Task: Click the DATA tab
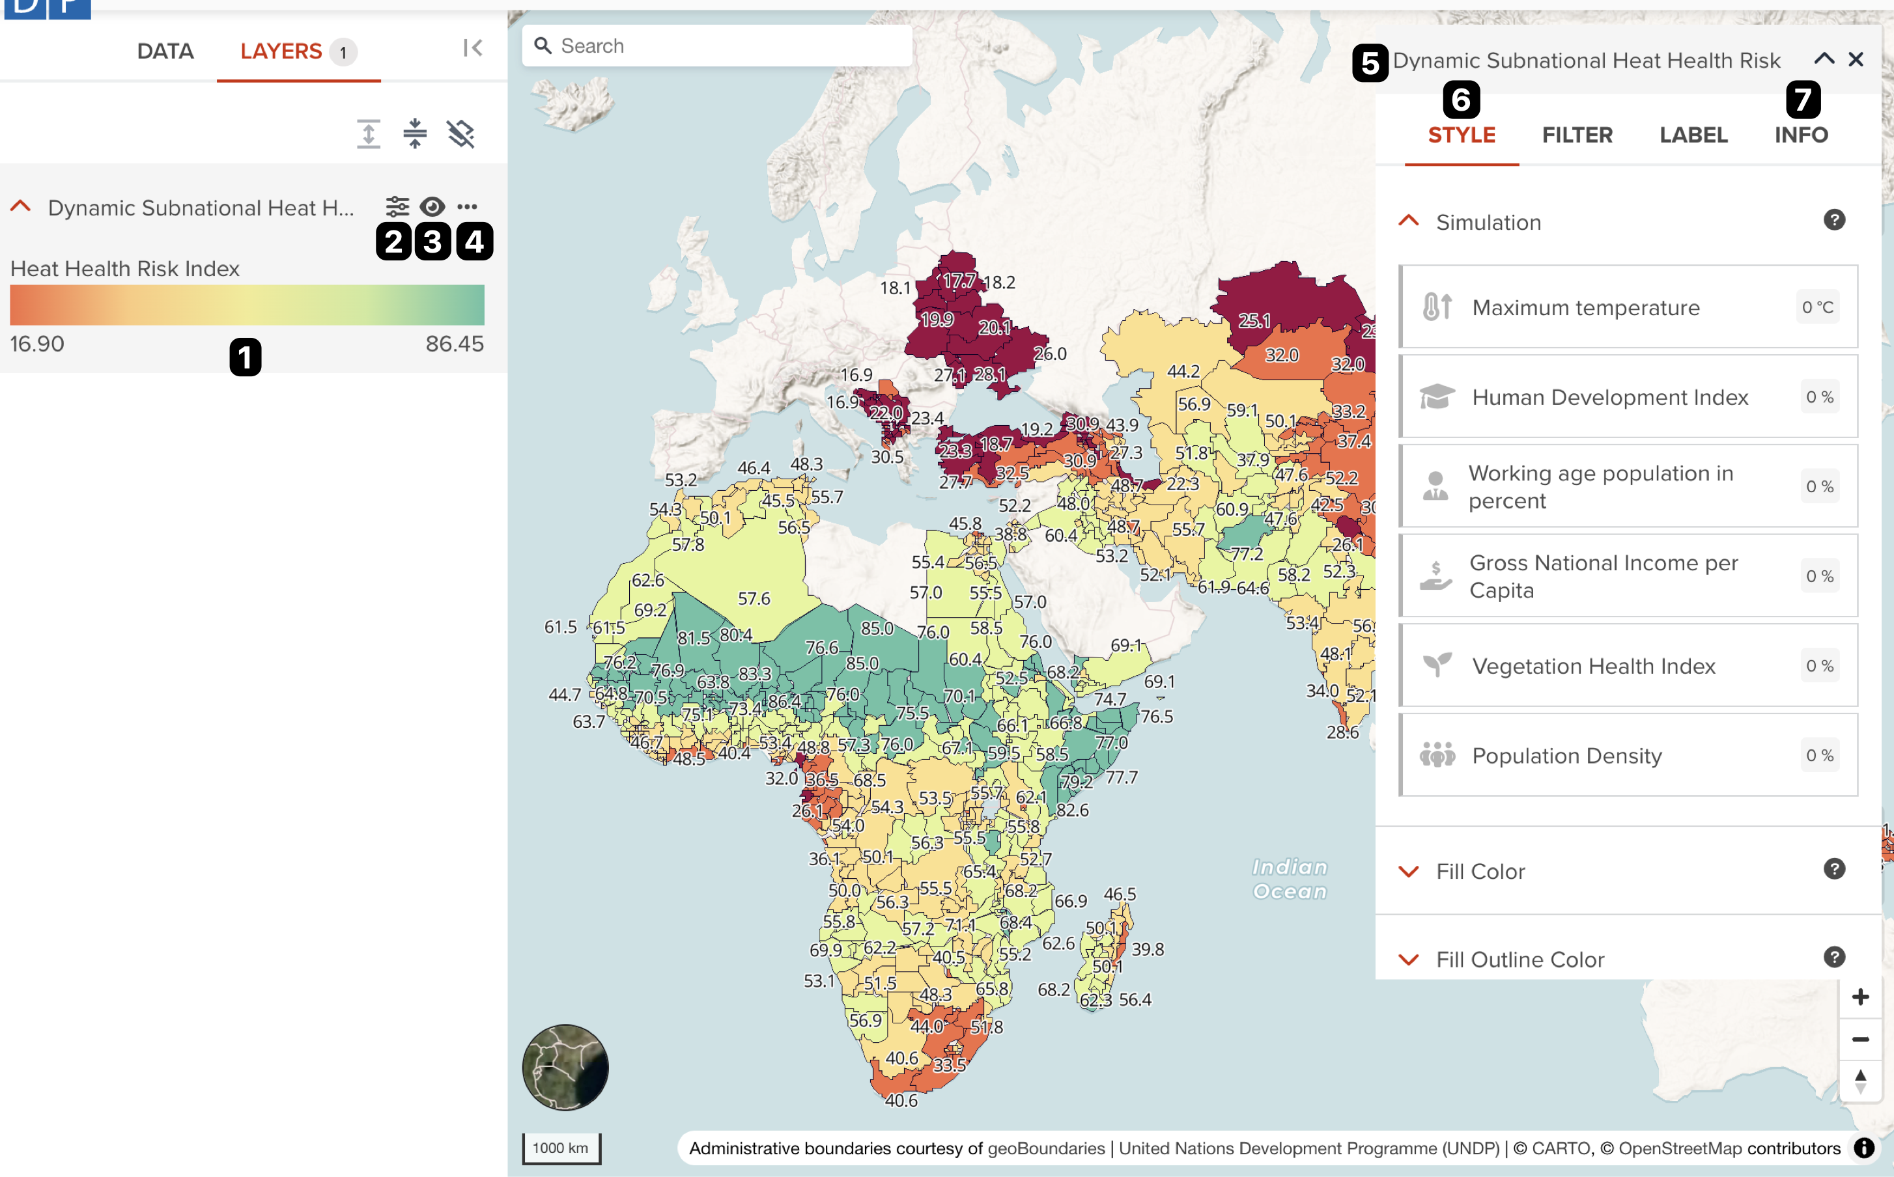pos(165,51)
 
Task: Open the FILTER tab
pos(1577,135)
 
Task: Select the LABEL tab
pos(1693,135)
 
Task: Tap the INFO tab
pos(1801,135)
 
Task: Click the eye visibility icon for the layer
pos(432,206)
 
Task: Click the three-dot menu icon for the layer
pos(467,206)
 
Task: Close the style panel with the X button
pos(1856,59)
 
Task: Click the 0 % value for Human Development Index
pos(1819,397)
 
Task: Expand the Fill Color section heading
pos(1480,871)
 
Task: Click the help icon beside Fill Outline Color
pos(1834,957)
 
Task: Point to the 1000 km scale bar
pos(561,1148)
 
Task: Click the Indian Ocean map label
pos(1290,879)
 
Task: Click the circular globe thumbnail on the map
pos(565,1067)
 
